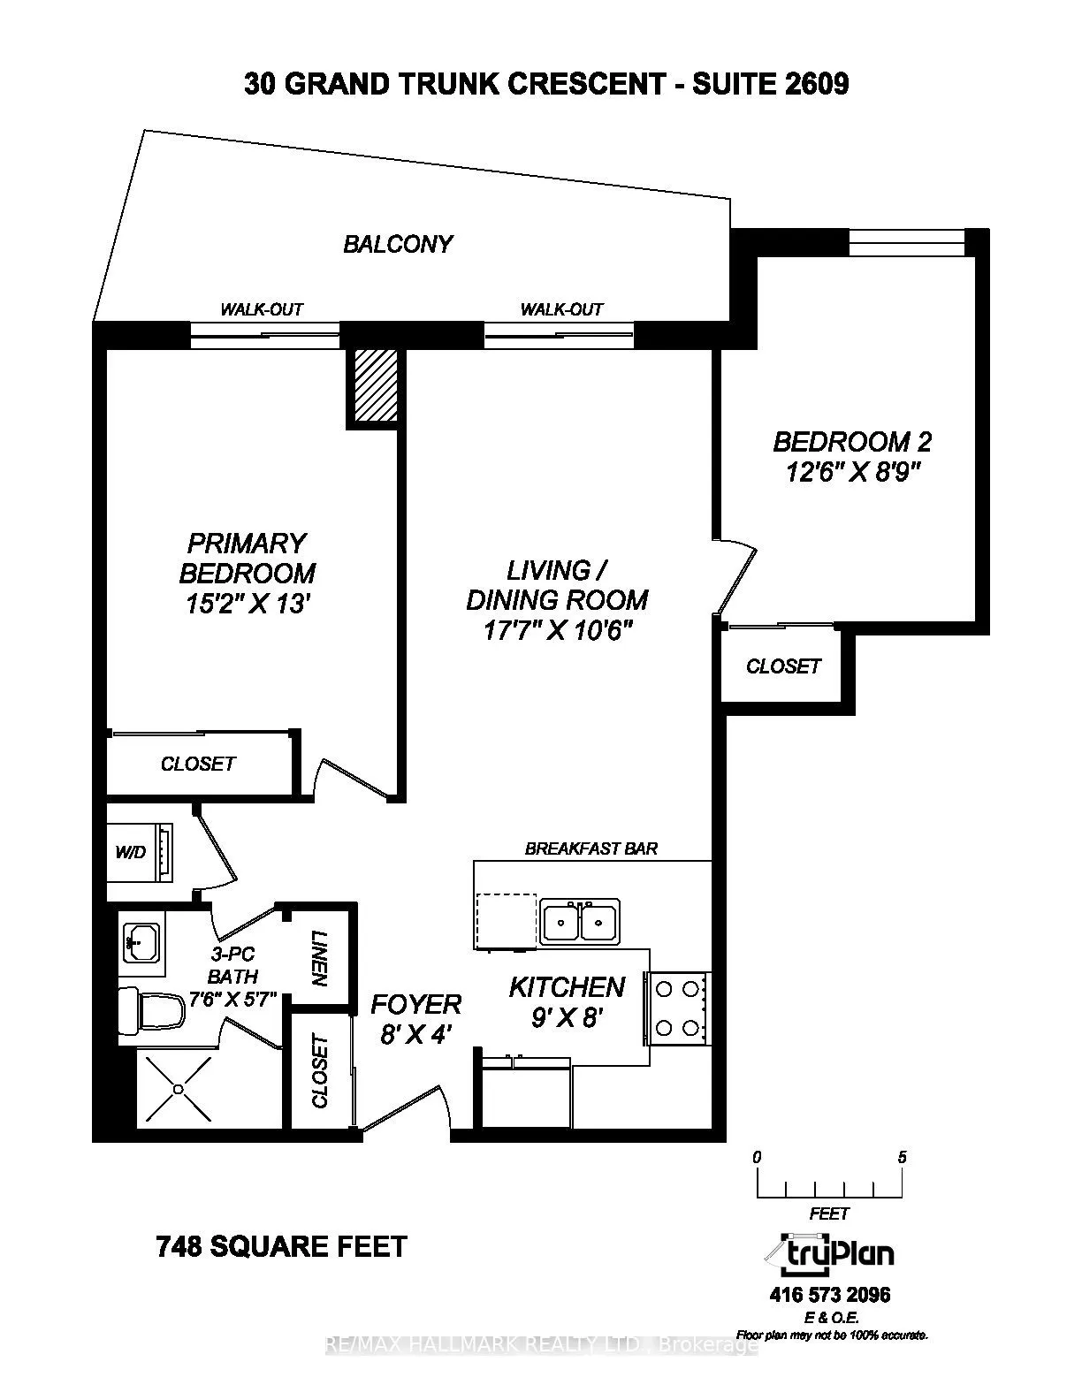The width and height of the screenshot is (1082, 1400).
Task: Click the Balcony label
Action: pyautogui.click(x=398, y=244)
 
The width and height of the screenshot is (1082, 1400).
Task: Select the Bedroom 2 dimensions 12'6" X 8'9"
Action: pyautogui.click(x=852, y=473)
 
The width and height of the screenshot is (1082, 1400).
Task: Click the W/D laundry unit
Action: pyautogui.click(x=141, y=852)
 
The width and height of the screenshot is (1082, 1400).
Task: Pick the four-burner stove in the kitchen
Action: pyautogui.click(x=677, y=1006)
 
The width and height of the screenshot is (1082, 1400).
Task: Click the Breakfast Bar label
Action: pyautogui.click(x=591, y=848)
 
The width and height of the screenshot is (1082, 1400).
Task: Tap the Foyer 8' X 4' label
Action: pyautogui.click(x=415, y=1018)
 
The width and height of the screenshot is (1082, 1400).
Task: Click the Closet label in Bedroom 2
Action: pyautogui.click(x=783, y=666)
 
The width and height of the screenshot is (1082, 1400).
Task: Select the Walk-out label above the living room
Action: pyautogui.click(x=561, y=309)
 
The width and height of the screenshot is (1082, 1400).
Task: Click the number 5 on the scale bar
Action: pyautogui.click(x=902, y=1157)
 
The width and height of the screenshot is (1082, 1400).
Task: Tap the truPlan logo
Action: pyautogui.click(x=829, y=1253)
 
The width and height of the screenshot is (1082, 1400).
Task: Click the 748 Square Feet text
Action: pyautogui.click(x=281, y=1246)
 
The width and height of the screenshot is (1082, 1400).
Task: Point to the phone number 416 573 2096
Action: pyautogui.click(x=830, y=1296)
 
